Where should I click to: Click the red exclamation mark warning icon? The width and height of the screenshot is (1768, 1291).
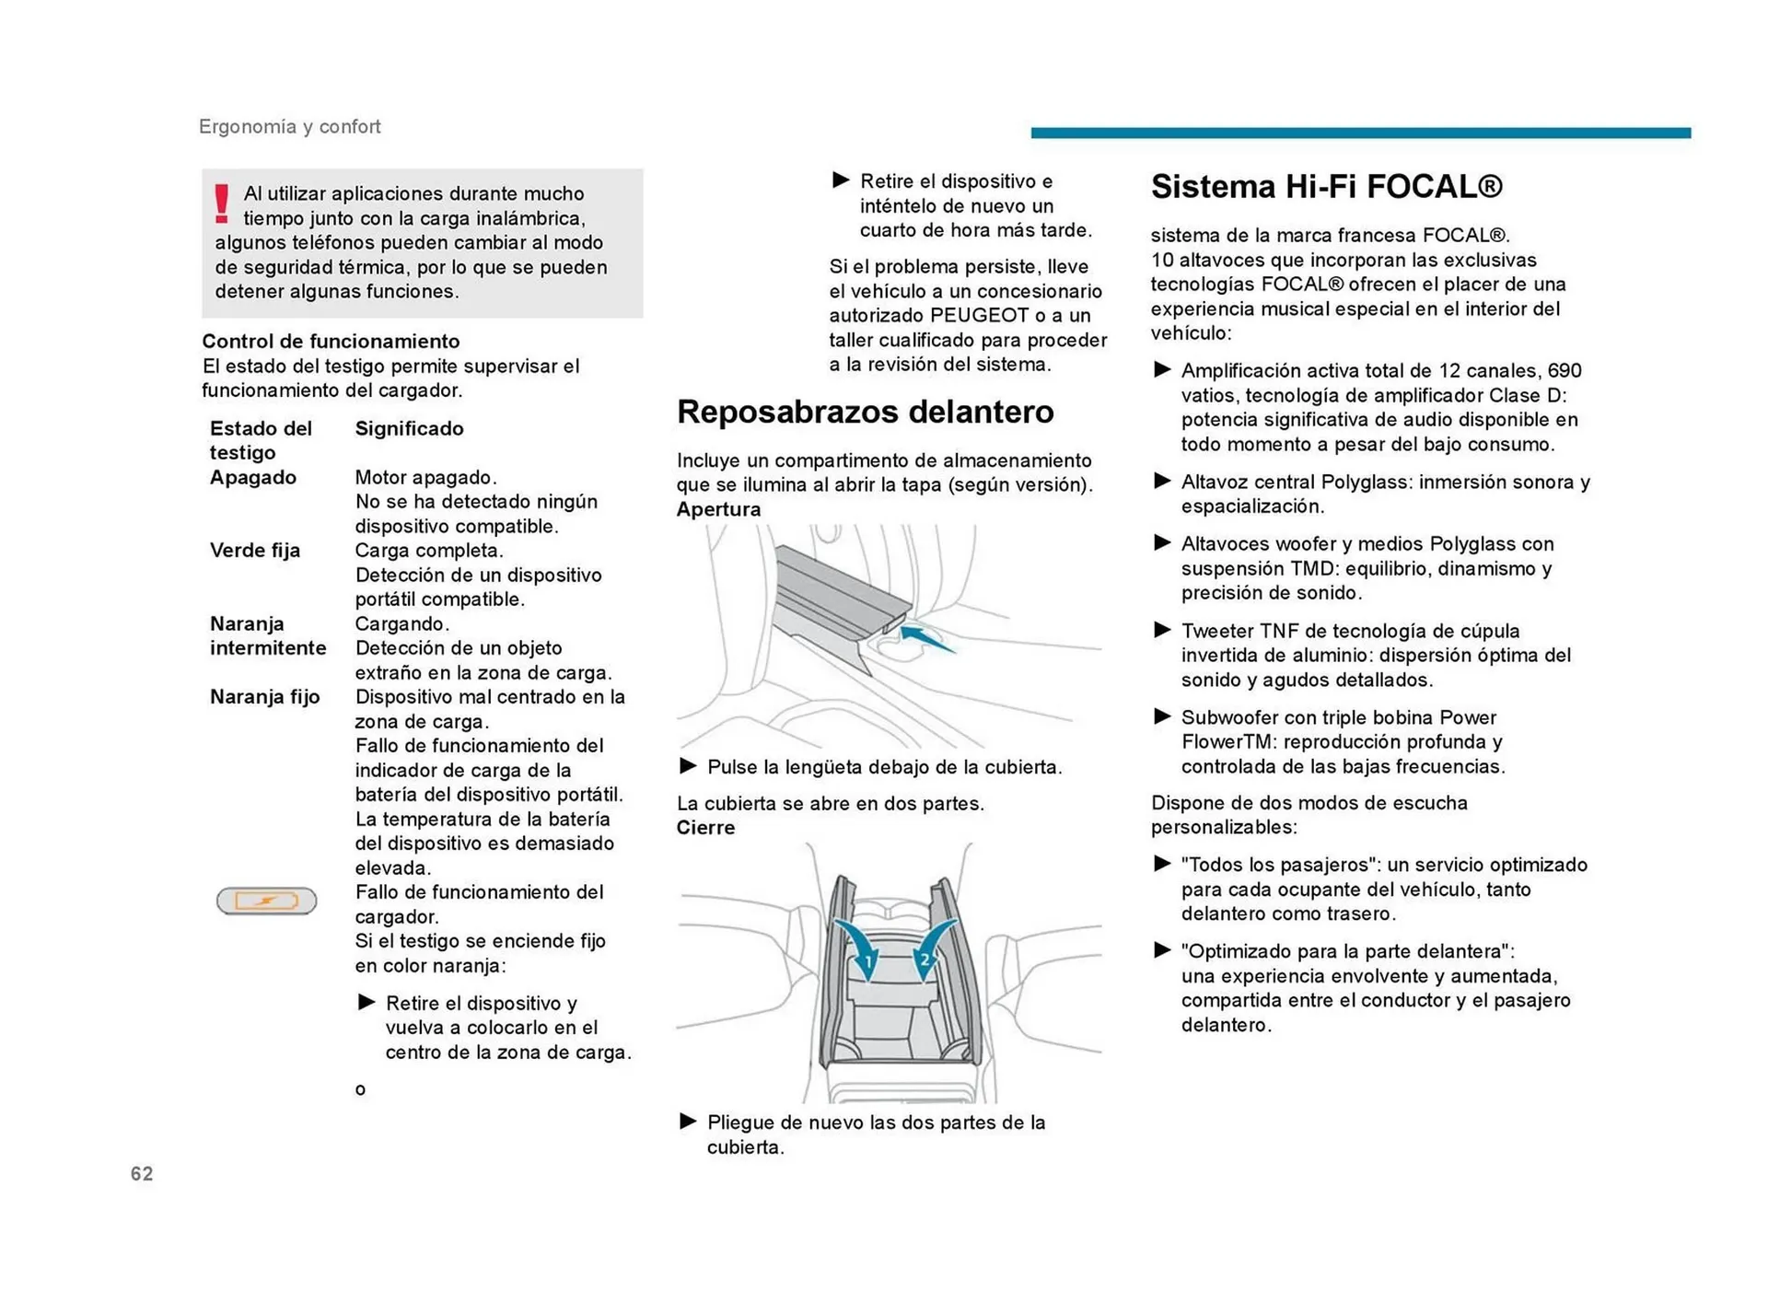[x=221, y=204]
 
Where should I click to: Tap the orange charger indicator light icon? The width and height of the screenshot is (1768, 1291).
[x=266, y=900]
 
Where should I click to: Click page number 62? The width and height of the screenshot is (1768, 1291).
[x=142, y=1173]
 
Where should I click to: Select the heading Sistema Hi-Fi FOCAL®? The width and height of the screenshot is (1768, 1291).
[x=1326, y=187]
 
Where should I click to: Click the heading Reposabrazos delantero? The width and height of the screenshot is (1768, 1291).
[x=865, y=412]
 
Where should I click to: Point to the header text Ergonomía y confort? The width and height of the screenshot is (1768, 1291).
[x=289, y=127]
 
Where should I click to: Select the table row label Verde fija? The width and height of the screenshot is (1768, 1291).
[x=255, y=551]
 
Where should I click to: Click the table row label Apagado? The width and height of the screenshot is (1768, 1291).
[x=253, y=477]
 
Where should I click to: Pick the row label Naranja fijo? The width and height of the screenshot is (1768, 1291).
[x=264, y=697]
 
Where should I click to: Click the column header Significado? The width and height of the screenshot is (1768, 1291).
[x=409, y=428]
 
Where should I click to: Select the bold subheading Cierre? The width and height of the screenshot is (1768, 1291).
[x=705, y=828]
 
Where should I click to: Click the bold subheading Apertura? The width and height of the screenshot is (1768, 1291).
[x=718, y=509]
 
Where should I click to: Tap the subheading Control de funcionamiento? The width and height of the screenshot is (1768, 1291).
[x=331, y=342]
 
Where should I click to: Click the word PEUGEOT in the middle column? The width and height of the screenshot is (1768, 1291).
[x=979, y=316]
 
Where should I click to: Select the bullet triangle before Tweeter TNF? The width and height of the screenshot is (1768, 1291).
[x=1162, y=630]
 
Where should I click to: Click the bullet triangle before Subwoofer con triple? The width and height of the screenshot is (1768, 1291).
[x=1162, y=716]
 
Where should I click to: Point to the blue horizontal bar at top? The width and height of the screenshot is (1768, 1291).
[x=1360, y=134]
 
